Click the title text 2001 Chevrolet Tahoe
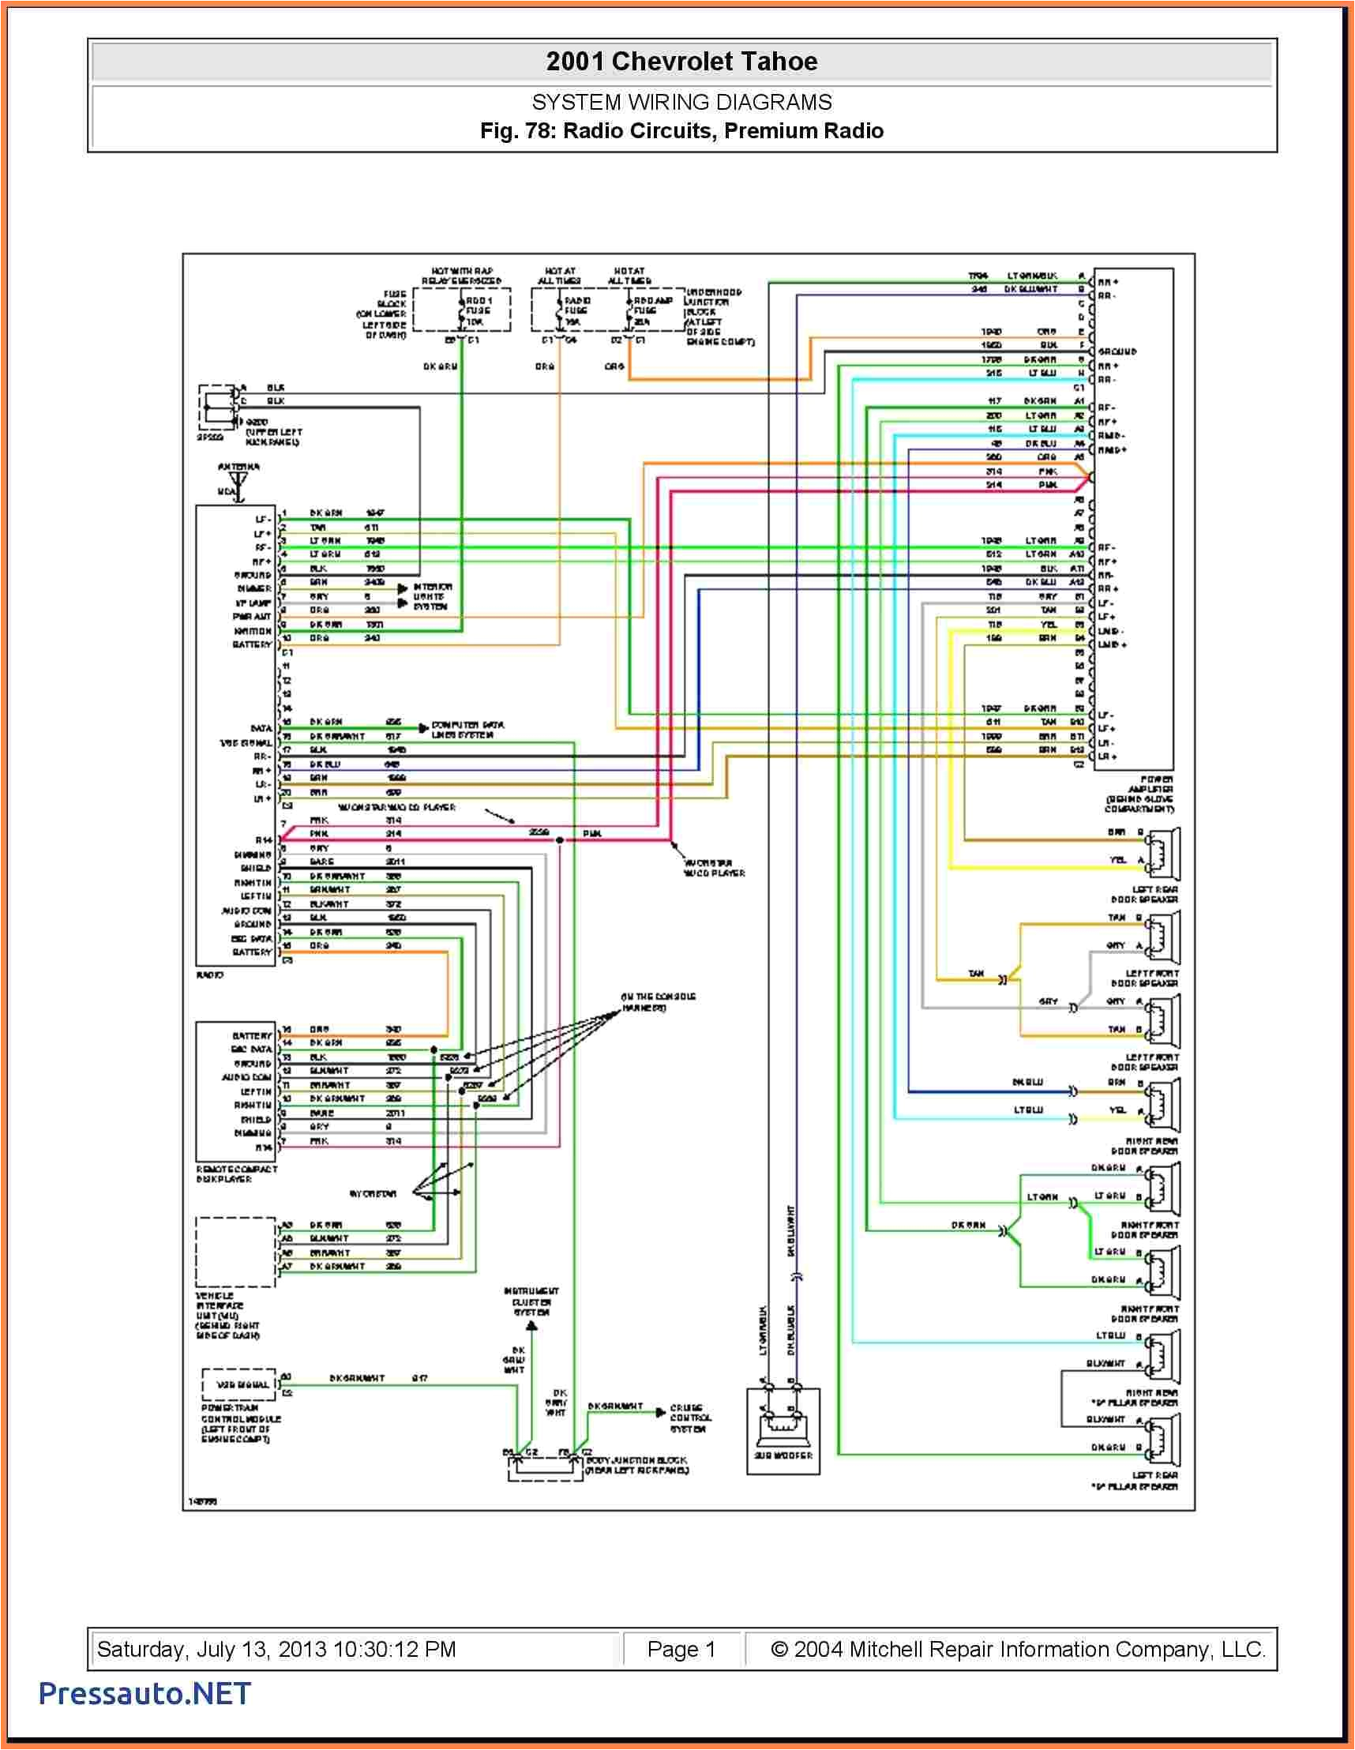681,62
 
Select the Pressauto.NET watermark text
145,1693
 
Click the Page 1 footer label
681,1649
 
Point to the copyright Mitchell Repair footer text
1018,1649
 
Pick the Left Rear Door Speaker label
1145,894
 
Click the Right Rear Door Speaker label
1145,1146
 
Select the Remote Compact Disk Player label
236,1174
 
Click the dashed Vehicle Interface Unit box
235,1252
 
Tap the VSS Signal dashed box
239,1384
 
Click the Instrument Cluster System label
531,1302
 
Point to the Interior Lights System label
432,597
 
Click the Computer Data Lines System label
467,729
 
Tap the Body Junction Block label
636,1465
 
